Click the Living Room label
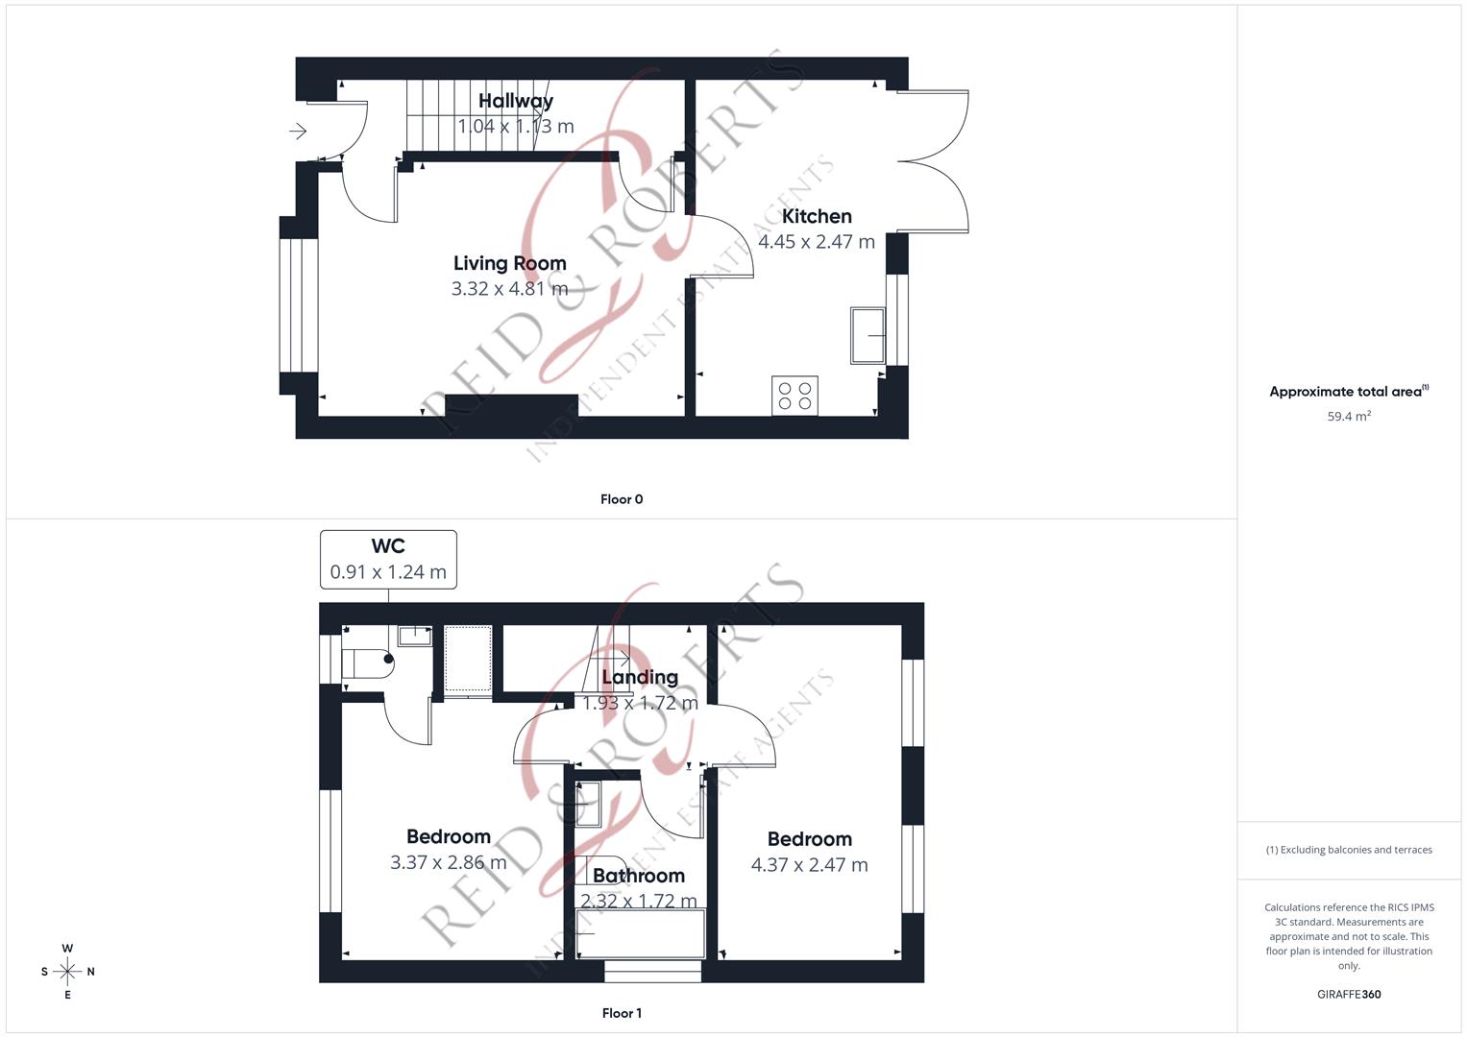click(509, 263)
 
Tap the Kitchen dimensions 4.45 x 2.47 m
click(817, 242)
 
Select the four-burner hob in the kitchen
click(795, 396)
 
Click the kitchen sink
click(868, 336)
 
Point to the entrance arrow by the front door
click(298, 131)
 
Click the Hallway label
click(516, 101)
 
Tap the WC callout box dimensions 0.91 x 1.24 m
click(388, 572)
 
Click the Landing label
click(640, 677)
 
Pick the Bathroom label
click(639, 876)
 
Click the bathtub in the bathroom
click(641, 933)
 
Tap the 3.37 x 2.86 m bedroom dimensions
click(448, 862)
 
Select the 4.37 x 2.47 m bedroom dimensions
click(809, 865)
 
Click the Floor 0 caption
click(622, 499)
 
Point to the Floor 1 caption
click(622, 1013)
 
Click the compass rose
click(67, 972)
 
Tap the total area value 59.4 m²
click(1349, 417)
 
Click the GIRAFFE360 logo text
click(1349, 995)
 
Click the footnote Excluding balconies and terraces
click(1349, 850)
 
